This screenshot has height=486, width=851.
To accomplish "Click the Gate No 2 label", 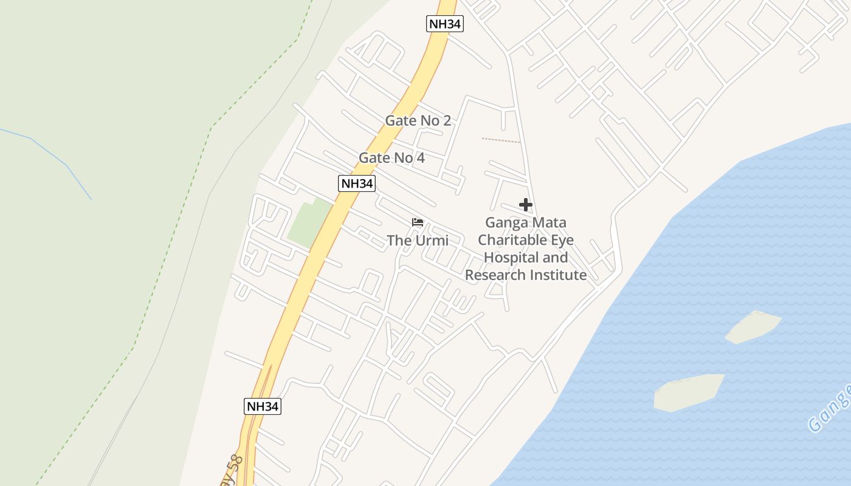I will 418,120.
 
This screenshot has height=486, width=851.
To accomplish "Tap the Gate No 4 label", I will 391,158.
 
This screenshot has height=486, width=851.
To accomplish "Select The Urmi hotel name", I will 418,241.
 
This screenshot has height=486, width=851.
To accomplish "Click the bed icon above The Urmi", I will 418,222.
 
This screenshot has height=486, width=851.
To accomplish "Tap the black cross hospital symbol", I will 526,205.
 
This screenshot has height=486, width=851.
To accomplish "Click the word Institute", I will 557,275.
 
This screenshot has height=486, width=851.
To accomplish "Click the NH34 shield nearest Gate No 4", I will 356,183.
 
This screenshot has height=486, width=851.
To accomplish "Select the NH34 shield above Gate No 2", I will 445,24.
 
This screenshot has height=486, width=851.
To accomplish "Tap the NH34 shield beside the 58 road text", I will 263,406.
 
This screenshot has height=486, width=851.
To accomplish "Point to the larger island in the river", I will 689,392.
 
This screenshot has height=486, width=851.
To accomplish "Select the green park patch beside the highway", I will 309,222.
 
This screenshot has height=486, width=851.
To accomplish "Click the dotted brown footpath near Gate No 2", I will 501,140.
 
